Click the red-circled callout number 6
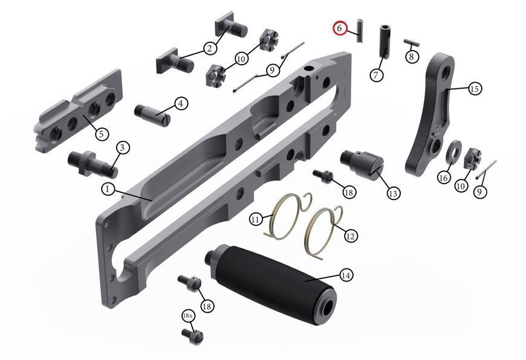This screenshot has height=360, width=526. pos(340,28)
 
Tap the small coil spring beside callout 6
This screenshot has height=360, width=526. pos(360,31)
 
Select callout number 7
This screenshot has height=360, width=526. pos(375,75)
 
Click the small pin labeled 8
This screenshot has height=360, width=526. pos(411,42)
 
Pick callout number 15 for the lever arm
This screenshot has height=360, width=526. pos(475,89)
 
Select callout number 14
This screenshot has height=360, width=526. pos(346,275)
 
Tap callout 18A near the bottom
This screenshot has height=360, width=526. pos(188,315)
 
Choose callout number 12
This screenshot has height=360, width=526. pos(350,236)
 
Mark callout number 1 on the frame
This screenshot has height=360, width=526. pos(108,190)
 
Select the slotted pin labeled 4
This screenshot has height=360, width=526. pos(153,115)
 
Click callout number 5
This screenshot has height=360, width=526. pos(102,134)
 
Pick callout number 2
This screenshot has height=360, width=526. pos(210,49)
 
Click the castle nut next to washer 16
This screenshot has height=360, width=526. pos(472,158)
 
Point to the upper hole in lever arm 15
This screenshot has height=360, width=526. pos(446,72)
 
